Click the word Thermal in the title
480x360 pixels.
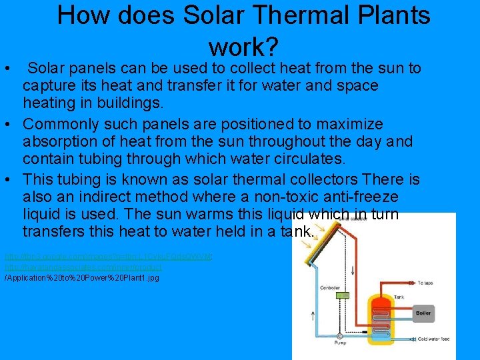coord(280,15)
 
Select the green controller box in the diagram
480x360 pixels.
coord(342,295)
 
